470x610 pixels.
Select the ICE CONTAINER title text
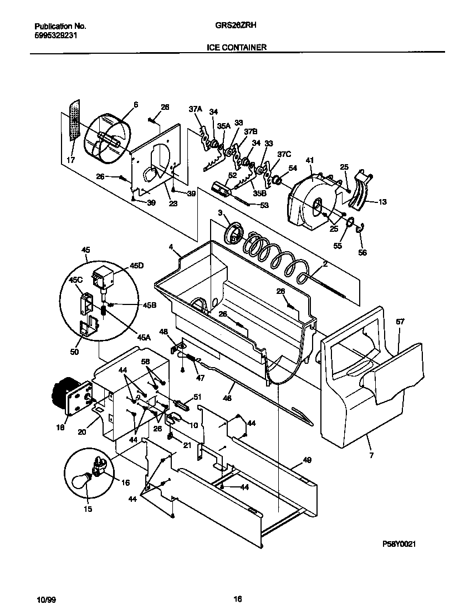coord(237,48)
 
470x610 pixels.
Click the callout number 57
coord(400,322)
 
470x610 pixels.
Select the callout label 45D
coord(136,266)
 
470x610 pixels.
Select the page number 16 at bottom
coord(237,599)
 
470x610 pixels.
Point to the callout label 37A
coord(195,110)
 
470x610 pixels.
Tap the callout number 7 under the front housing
coord(371,455)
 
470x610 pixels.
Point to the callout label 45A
coord(144,337)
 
